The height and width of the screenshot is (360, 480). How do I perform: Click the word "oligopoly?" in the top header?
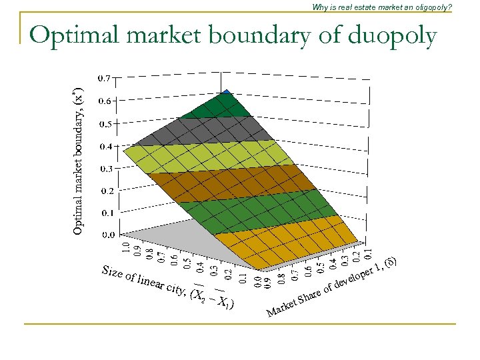coord(431,7)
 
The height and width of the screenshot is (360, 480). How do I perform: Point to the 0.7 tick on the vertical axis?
coord(105,79)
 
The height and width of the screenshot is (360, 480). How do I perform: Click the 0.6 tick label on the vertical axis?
coord(105,101)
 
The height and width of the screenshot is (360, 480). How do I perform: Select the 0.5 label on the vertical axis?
coord(105,123)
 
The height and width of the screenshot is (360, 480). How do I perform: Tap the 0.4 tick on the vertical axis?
coord(105,146)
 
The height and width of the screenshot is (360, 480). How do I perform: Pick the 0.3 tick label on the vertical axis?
coord(105,168)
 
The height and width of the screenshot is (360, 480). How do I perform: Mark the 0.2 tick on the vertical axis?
coord(105,191)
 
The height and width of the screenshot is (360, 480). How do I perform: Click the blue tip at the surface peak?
coord(227,93)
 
